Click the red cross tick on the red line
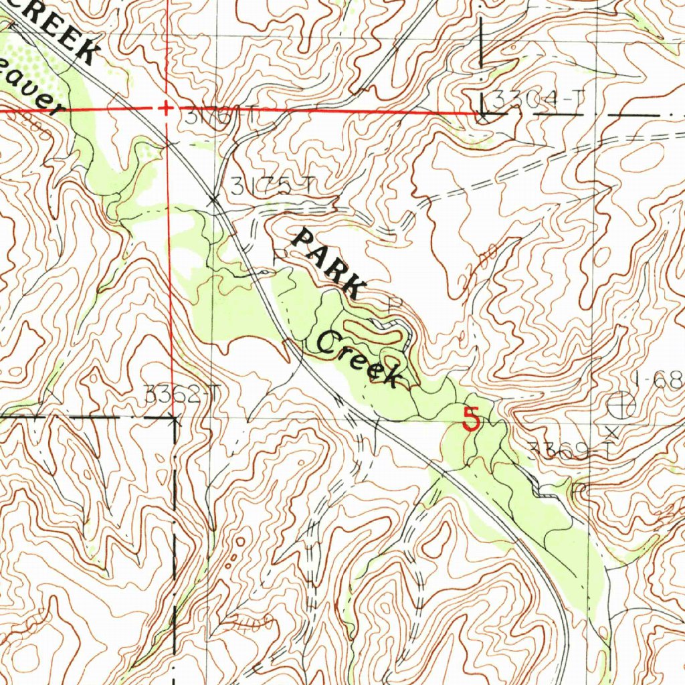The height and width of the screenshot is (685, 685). [x=166, y=108]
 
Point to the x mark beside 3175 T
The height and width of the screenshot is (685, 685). [x=214, y=199]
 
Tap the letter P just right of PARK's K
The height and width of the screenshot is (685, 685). [x=395, y=303]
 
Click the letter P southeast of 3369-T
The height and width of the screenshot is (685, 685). [x=579, y=490]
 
